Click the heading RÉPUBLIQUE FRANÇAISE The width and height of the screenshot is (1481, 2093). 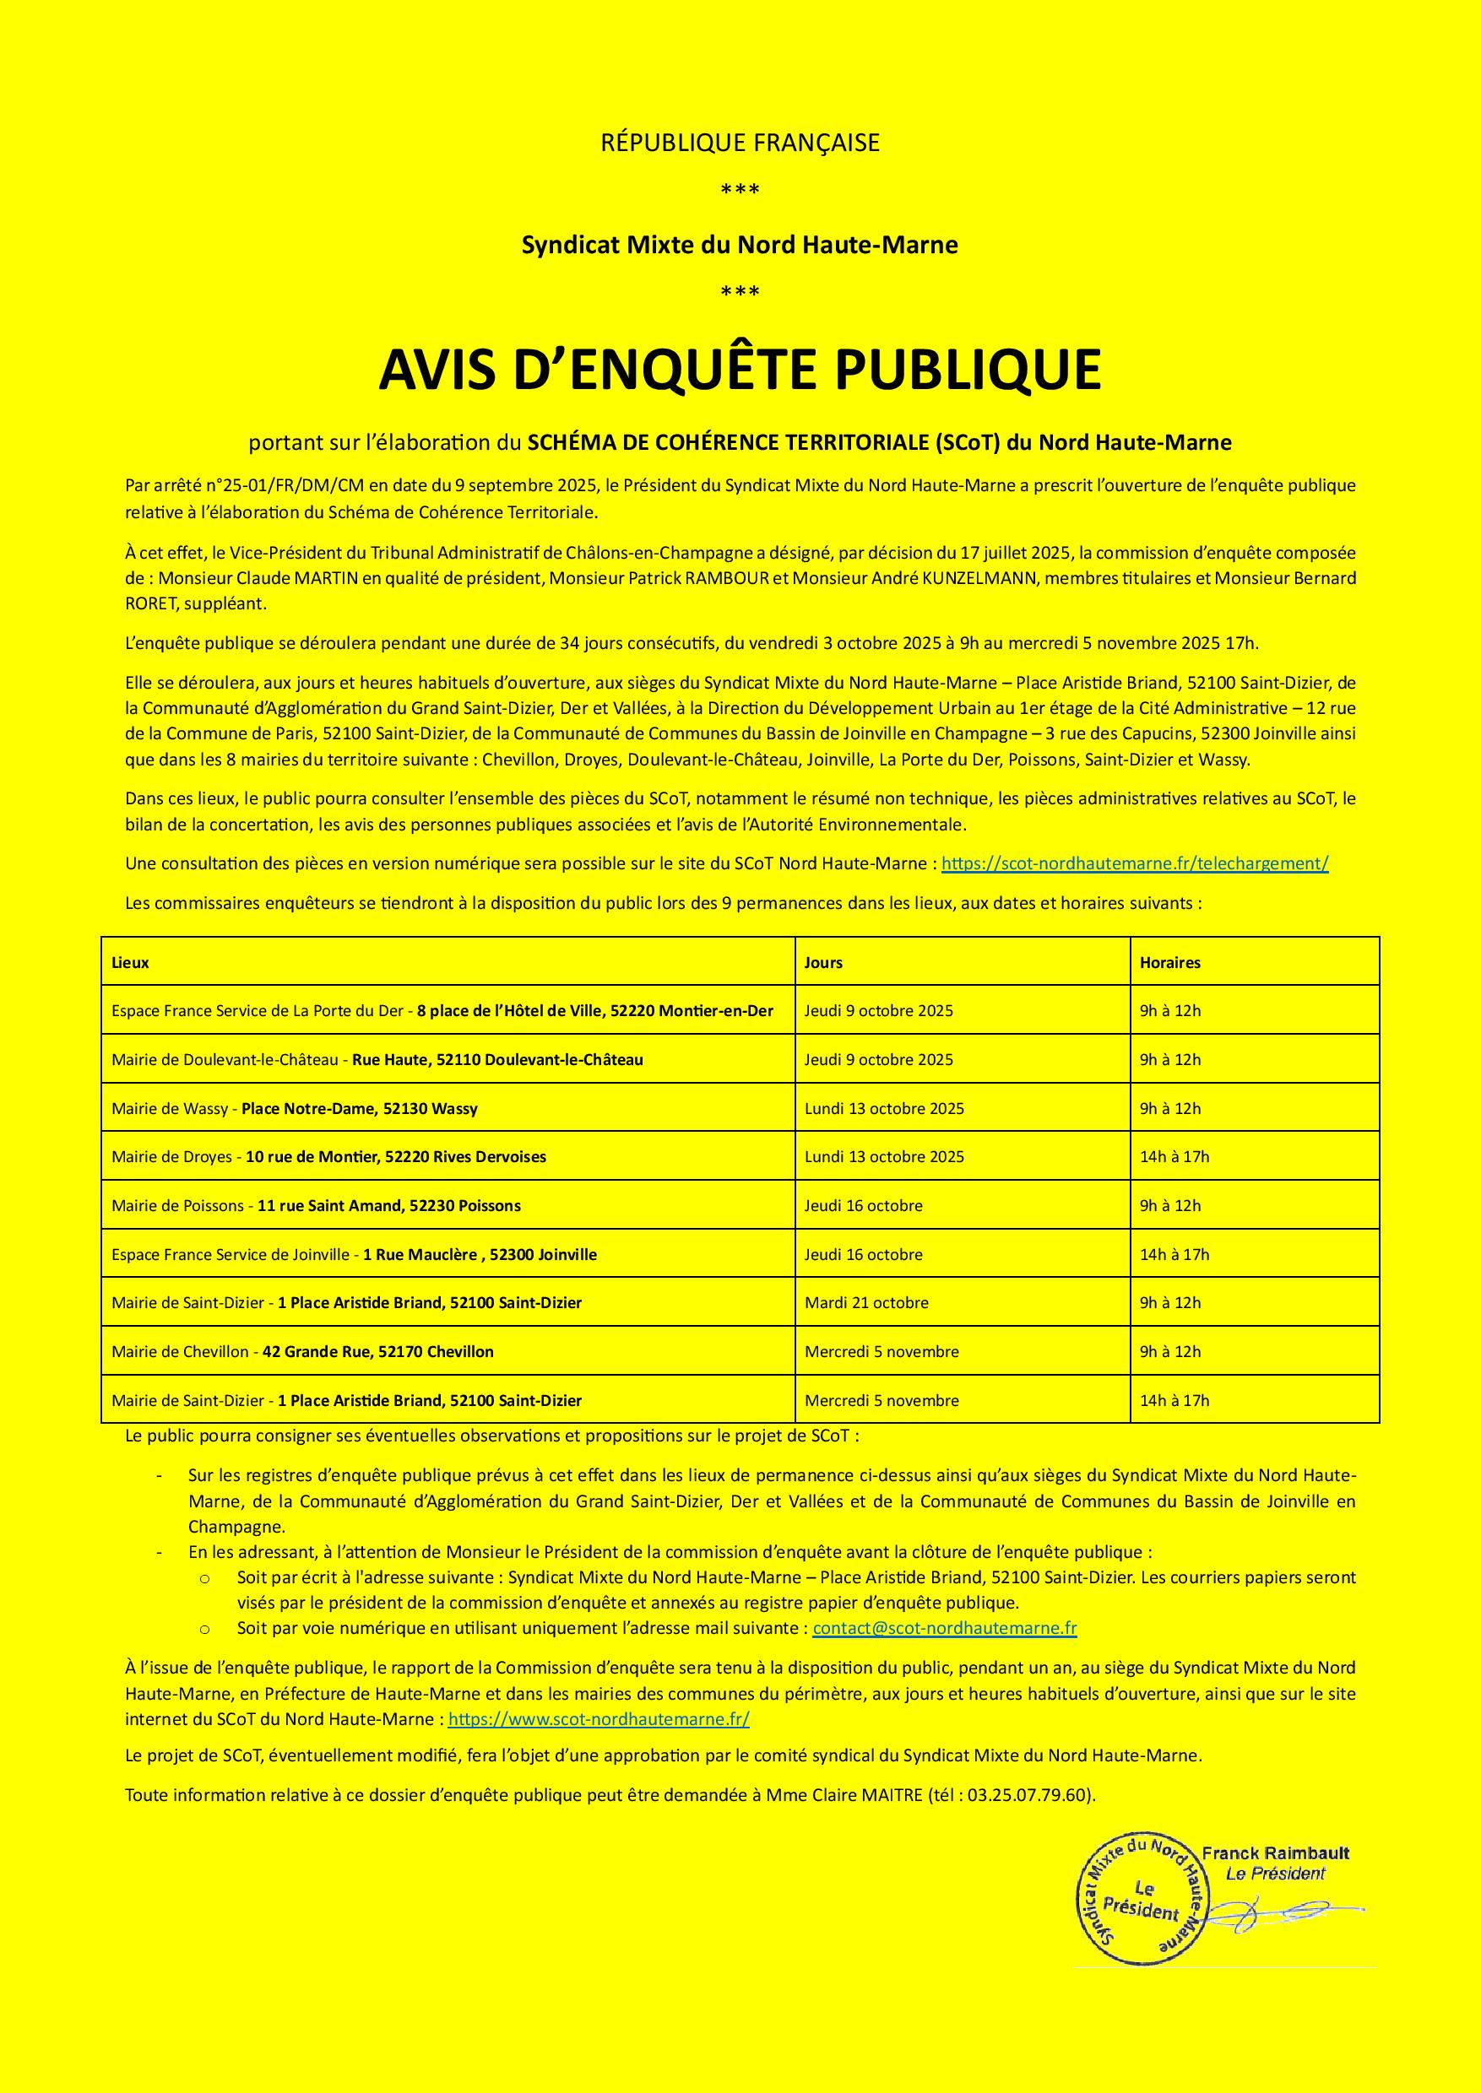740,143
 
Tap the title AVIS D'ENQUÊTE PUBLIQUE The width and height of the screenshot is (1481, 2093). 740,369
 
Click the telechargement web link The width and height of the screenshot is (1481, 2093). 1135,863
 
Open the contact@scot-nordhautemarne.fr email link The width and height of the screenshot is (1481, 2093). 945,1628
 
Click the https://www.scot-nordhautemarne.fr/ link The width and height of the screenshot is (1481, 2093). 599,1719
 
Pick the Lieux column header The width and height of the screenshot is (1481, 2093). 130,963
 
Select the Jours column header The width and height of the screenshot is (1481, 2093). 823,963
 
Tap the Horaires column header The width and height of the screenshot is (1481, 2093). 1170,963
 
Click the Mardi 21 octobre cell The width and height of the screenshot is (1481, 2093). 866,1303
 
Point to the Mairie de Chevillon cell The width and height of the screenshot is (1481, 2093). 303,1352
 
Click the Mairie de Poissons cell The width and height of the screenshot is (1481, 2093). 317,1205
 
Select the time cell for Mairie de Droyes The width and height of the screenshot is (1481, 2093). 1174,1157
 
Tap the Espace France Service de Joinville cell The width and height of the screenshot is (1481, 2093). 354,1254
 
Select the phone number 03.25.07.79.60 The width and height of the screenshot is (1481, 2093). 1028,1795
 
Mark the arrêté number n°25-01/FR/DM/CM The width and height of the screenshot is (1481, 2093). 274,486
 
